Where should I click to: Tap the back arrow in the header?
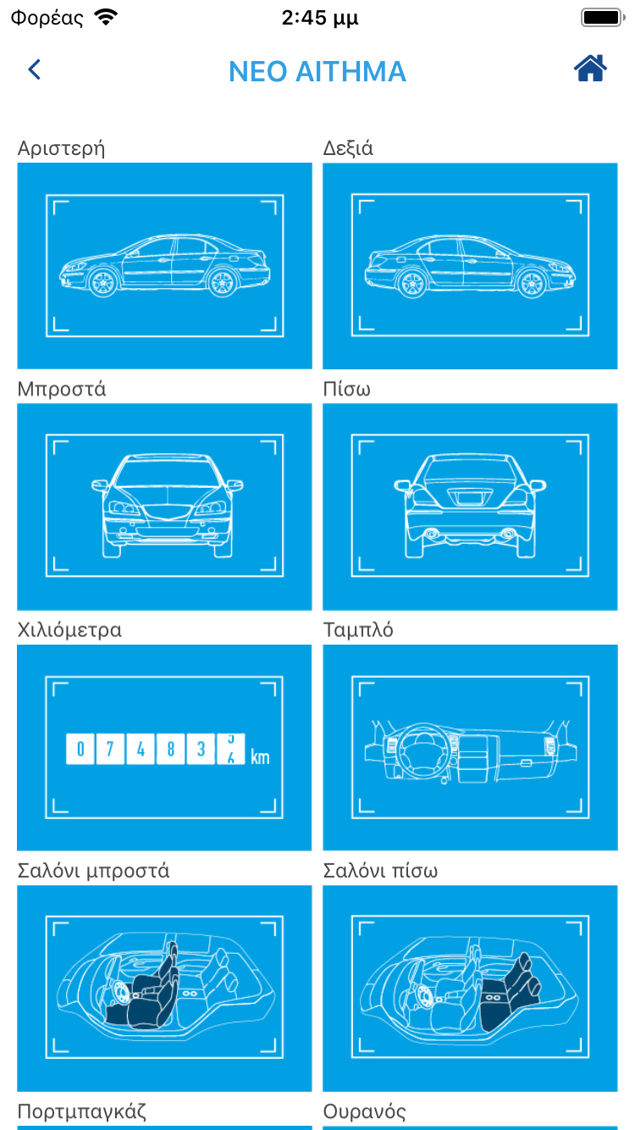[x=35, y=69]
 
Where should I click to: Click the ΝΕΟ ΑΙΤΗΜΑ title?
[x=317, y=72]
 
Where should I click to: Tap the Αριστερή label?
[x=61, y=148]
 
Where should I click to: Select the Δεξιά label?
[x=348, y=148]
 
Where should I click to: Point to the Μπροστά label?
[x=62, y=389]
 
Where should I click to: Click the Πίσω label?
[x=346, y=389]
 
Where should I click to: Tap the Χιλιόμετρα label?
[x=69, y=630]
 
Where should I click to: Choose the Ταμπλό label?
[x=358, y=630]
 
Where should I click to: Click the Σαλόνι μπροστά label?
[x=93, y=871]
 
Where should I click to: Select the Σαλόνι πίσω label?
[x=380, y=871]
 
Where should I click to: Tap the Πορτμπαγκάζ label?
[x=82, y=1111]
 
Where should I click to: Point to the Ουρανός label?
[x=364, y=1111]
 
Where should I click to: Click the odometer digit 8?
[x=170, y=749]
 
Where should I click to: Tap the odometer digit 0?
[x=80, y=749]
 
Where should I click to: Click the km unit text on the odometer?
[x=260, y=756]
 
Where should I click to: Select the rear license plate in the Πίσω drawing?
[x=469, y=498]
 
